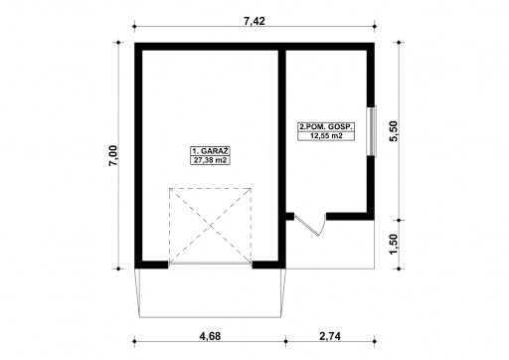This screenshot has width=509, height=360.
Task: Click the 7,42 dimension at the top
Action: [x=254, y=21]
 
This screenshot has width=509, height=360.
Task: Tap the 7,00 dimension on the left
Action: [x=113, y=155]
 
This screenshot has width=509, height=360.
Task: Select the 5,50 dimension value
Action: [x=394, y=131]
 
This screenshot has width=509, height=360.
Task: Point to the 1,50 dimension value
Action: [x=394, y=245]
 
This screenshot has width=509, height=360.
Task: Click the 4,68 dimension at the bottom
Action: [x=210, y=336]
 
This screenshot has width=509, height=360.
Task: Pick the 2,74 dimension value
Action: [x=330, y=336]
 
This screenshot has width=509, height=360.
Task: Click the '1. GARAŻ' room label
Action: [x=210, y=151]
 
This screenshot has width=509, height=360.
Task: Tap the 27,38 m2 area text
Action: [x=210, y=160]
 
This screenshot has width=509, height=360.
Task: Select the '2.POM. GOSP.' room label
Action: [x=326, y=127]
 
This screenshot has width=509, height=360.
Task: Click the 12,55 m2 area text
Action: [x=326, y=136]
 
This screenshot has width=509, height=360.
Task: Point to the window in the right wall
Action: [x=372, y=131]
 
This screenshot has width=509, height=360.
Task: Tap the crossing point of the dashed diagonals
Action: [x=210, y=226]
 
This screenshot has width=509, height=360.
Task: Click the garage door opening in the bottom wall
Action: [x=210, y=265]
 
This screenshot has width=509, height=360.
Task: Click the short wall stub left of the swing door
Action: [x=290, y=217]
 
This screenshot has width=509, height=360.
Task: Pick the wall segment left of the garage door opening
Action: [x=151, y=265]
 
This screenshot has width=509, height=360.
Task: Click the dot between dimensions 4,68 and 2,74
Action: [x=285, y=341]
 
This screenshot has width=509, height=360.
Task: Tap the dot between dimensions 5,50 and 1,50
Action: [x=399, y=220]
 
